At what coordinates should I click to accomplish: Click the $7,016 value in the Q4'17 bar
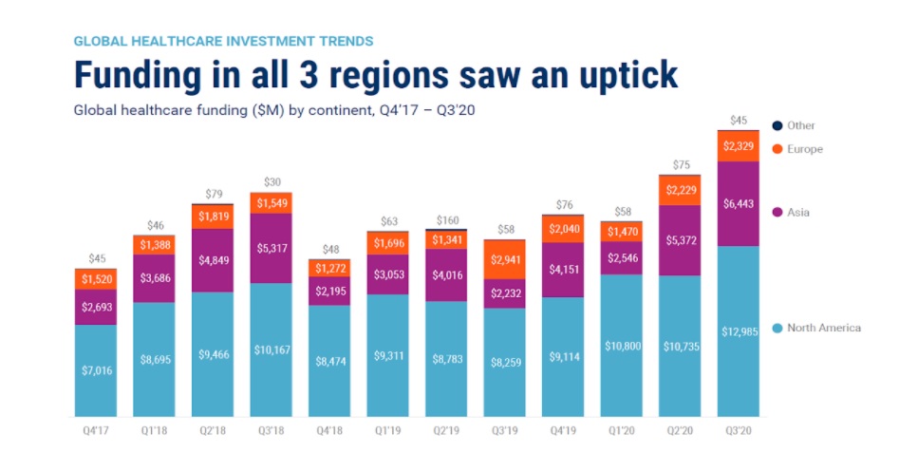(x=95, y=371)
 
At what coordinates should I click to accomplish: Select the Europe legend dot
(x=777, y=149)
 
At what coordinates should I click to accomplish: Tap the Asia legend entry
(x=798, y=213)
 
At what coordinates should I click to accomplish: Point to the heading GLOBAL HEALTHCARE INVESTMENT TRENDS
(x=223, y=41)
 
